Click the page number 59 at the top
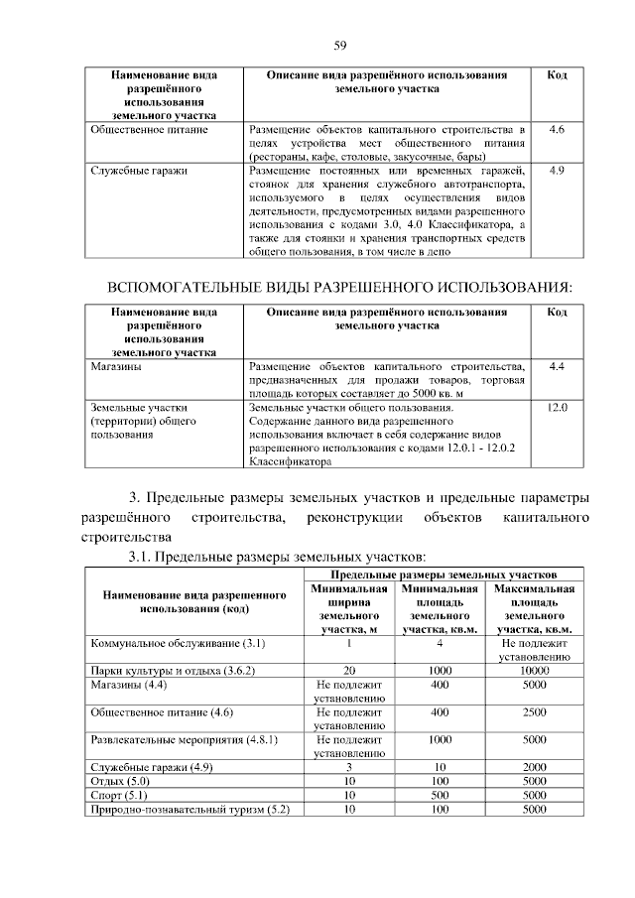[339, 45]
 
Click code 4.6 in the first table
[557, 130]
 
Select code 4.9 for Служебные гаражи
[557, 171]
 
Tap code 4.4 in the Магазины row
[557, 367]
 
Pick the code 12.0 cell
[557, 408]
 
